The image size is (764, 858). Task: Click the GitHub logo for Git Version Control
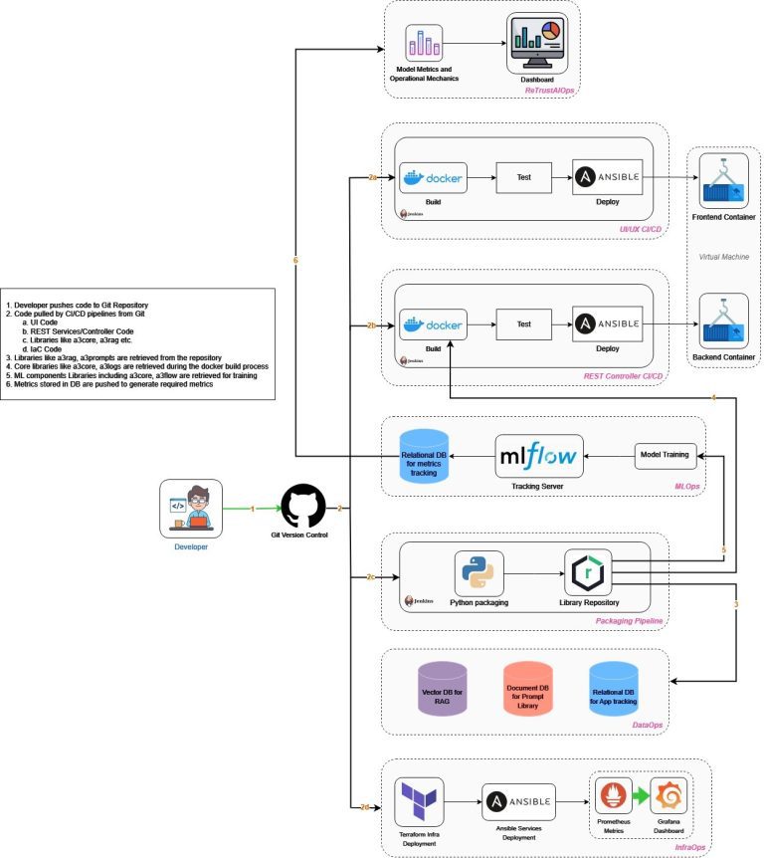coord(304,507)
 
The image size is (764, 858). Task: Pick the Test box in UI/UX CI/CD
coord(523,177)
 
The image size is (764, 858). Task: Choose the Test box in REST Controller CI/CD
coord(523,323)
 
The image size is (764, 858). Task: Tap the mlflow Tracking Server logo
coord(539,458)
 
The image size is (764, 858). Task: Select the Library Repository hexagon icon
coord(590,575)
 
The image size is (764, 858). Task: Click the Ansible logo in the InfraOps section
coord(518,801)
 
